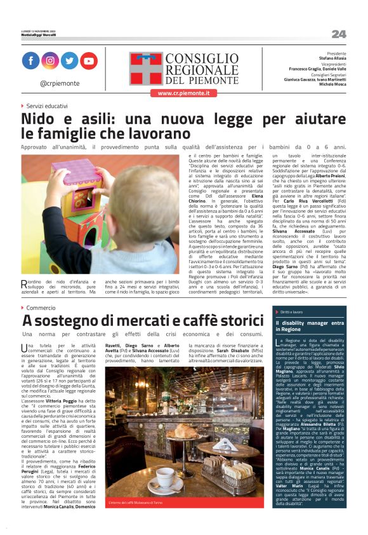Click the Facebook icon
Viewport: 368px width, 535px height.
click(30, 60)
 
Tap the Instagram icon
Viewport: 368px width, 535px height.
click(50, 60)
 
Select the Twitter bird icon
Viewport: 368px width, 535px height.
click(69, 60)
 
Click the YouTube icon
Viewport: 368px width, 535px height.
click(89, 60)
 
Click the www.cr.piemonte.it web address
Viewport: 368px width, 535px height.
click(183, 93)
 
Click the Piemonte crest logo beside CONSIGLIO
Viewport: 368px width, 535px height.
click(145, 69)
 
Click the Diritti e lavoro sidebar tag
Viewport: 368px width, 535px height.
click(291, 312)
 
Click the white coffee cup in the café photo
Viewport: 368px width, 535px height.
click(166, 475)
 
